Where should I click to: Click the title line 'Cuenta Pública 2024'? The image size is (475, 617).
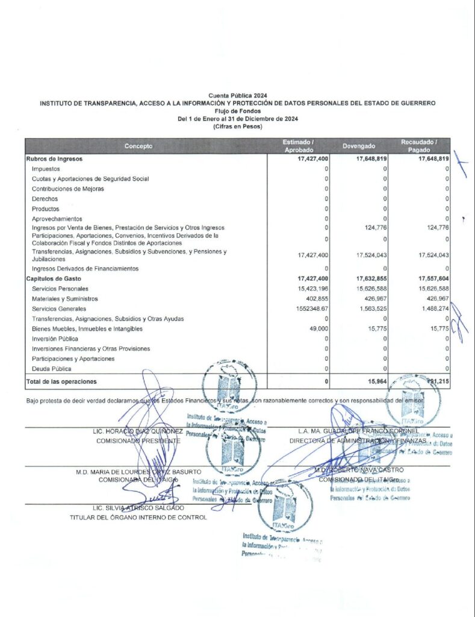click(237, 96)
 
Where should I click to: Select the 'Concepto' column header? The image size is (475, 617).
click(138, 146)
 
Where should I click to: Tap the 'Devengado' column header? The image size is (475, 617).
click(359, 146)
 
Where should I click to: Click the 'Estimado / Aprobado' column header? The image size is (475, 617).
click(299, 146)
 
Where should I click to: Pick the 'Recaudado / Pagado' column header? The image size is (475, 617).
click(419, 146)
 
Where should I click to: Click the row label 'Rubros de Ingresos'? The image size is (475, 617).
click(54, 159)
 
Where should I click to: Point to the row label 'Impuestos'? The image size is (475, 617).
click(45, 169)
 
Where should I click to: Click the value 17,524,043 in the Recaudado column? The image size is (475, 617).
click(431, 255)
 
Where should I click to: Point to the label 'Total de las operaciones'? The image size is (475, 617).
click(61, 381)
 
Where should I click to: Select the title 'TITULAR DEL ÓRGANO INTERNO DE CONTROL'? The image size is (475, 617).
click(138, 518)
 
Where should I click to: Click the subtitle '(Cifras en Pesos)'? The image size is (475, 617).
click(237, 126)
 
